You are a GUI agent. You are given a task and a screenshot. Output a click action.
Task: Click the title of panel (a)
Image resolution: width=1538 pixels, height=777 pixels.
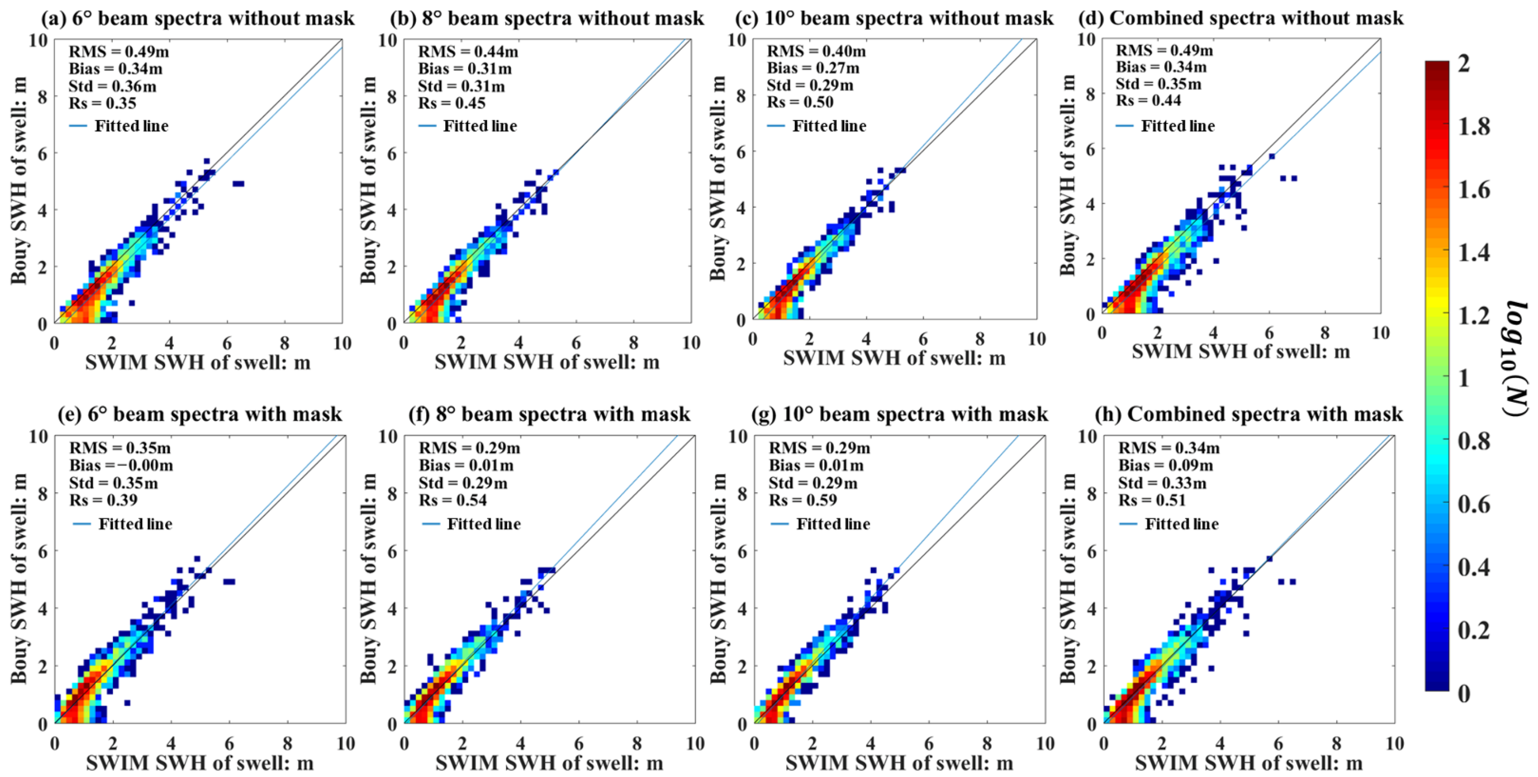[197, 18]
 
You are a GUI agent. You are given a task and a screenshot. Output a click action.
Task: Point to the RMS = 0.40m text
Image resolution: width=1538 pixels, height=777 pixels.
[816, 51]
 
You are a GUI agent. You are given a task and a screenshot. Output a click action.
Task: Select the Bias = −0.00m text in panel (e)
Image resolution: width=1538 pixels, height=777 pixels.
[121, 465]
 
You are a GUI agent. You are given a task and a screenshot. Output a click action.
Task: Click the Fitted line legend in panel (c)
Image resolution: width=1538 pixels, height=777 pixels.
[817, 126]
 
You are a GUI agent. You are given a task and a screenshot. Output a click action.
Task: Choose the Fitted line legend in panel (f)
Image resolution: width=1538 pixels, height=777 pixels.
[471, 524]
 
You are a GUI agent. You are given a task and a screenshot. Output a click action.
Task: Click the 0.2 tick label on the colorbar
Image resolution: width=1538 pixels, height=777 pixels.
[1474, 630]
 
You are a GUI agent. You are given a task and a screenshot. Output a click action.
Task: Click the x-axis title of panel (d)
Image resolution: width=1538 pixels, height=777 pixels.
[1241, 351]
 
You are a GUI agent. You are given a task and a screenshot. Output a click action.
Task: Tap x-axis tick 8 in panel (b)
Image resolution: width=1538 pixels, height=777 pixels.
[634, 343]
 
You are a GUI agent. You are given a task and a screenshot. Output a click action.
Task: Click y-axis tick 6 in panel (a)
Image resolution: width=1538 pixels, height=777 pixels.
[42, 153]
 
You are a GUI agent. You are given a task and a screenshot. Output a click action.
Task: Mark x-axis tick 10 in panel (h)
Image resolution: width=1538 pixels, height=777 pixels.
[1394, 744]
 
